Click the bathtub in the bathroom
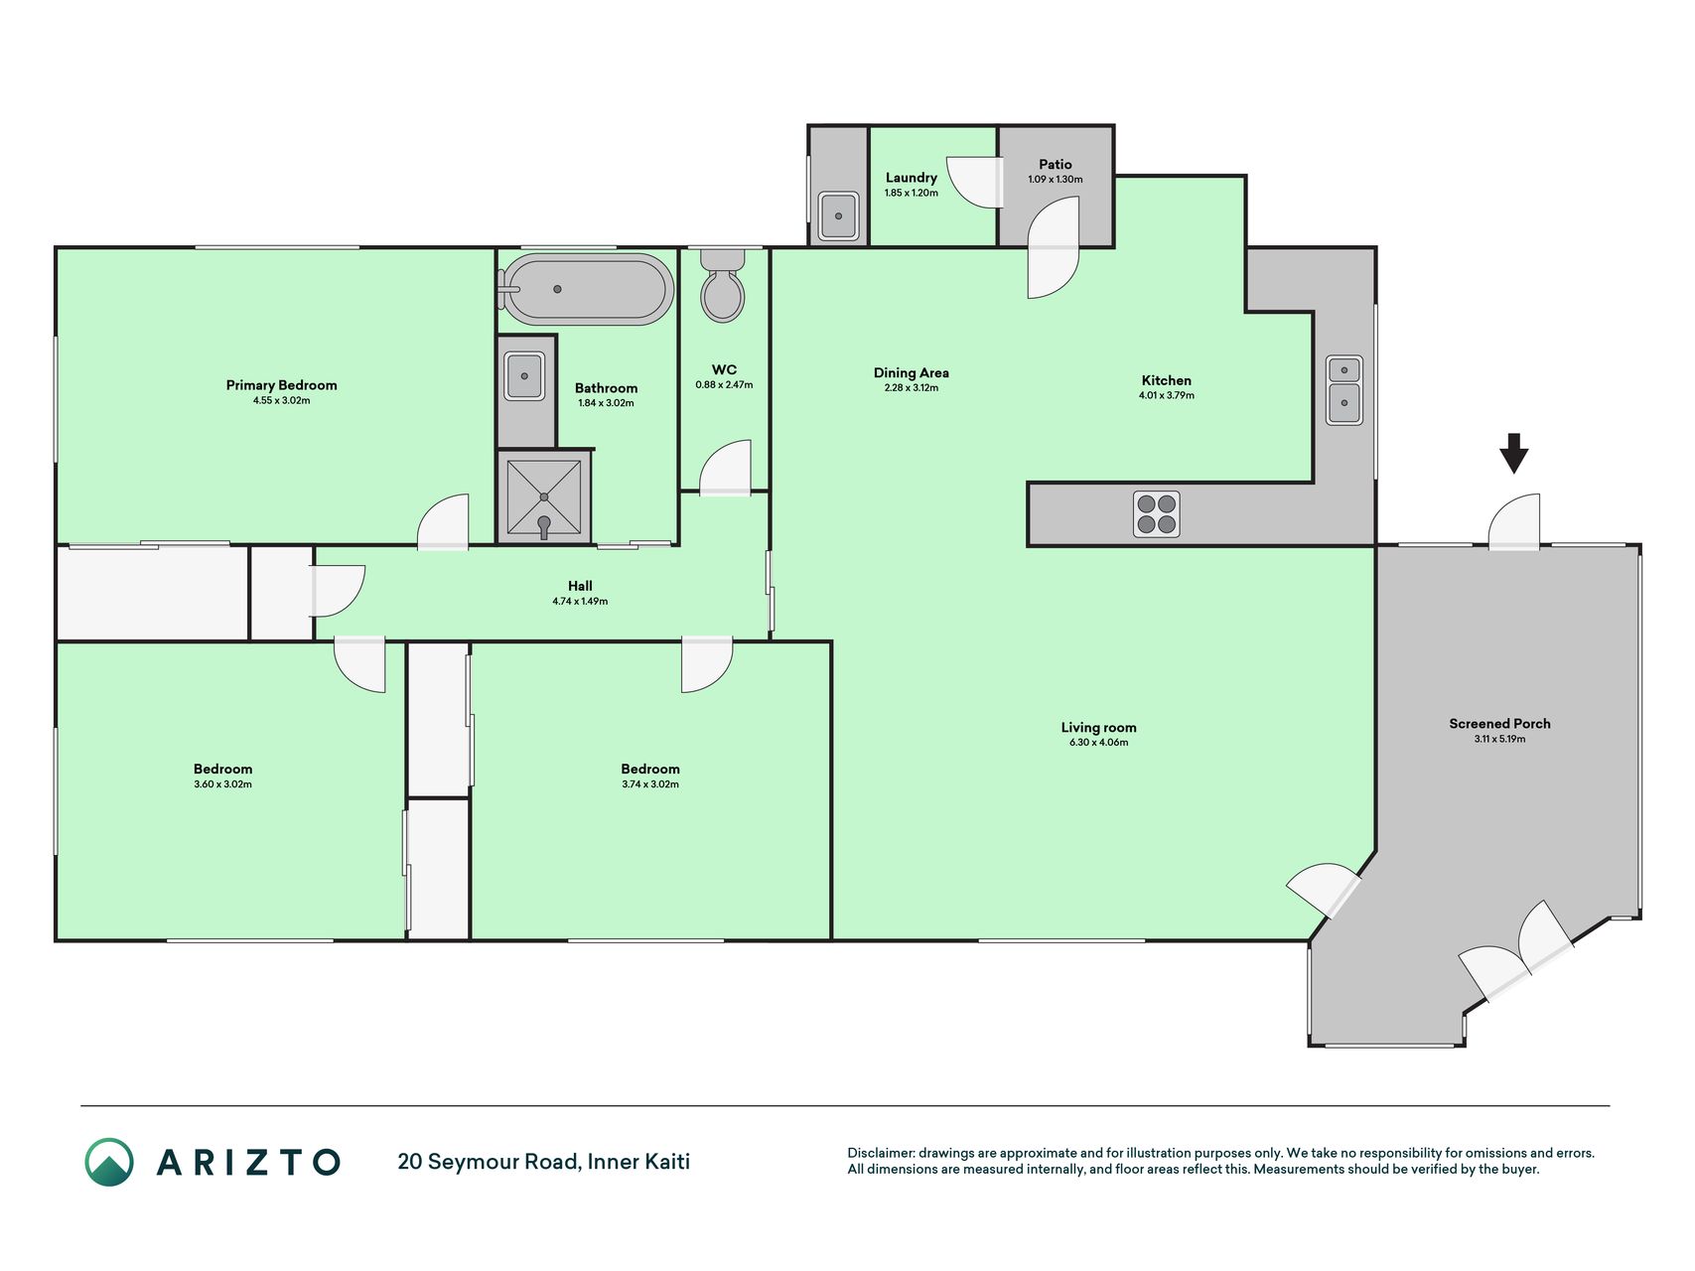(x=586, y=289)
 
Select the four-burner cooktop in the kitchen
(x=1156, y=514)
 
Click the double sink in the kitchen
(x=1344, y=389)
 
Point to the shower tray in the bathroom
(x=544, y=495)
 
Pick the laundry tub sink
(x=839, y=215)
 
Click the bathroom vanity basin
(x=523, y=376)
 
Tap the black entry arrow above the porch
(x=1513, y=453)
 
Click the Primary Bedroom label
(x=281, y=385)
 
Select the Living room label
(x=1098, y=727)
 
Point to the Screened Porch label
(x=1499, y=724)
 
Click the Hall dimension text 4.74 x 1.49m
(x=580, y=601)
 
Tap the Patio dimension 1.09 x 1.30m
(x=1056, y=180)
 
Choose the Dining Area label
(x=911, y=372)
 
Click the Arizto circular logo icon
(x=109, y=1162)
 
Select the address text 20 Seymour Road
(x=489, y=1162)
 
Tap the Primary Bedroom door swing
(x=443, y=520)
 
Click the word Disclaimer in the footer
(x=880, y=1153)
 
